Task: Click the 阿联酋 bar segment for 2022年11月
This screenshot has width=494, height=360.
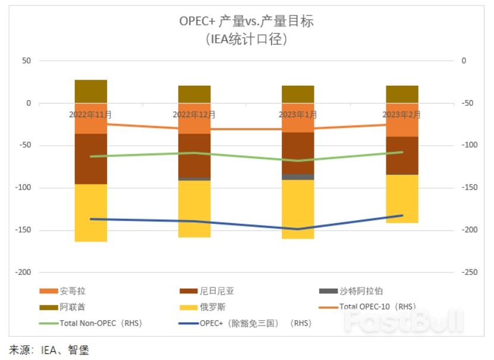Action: coord(91,91)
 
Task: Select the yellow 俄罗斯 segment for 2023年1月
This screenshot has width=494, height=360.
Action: coord(298,209)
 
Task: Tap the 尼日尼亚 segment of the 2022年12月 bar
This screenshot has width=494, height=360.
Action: coord(194,155)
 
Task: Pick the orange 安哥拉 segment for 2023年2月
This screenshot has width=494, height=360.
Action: coord(402,120)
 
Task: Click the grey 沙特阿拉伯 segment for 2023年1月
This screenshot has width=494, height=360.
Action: coord(298,177)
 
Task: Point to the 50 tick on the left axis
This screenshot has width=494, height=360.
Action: coord(26,61)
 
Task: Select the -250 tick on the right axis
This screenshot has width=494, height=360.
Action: coord(468,273)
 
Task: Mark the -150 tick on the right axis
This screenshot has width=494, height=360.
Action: coord(468,188)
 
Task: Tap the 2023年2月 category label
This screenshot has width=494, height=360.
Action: coord(401,114)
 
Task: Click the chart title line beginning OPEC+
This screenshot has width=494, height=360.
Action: coord(246,21)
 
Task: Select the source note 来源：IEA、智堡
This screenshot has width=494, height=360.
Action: coord(49,350)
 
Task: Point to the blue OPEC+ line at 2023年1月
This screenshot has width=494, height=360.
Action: coord(298,229)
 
